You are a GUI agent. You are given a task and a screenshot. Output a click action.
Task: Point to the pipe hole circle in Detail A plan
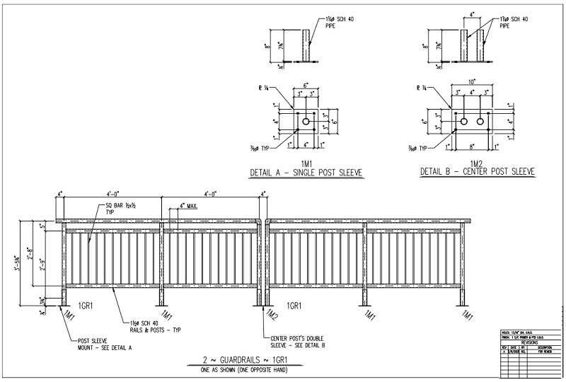(x=306, y=122)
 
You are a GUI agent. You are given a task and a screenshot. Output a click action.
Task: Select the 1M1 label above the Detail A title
(x=307, y=163)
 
